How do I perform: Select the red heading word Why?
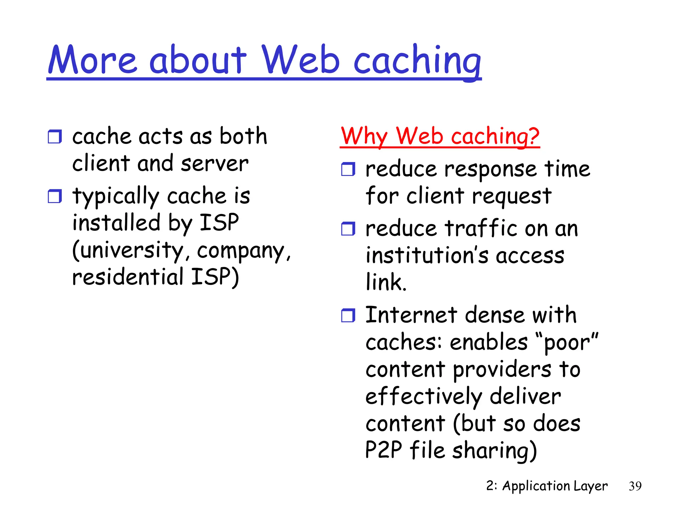(x=364, y=136)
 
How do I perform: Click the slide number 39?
(x=635, y=486)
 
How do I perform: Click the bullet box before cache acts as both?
(x=55, y=137)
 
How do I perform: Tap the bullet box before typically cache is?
(x=55, y=196)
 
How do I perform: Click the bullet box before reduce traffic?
(x=348, y=229)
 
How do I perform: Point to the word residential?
(x=128, y=277)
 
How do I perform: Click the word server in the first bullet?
(x=215, y=164)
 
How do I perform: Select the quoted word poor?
(x=567, y=343)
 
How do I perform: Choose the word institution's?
(x=427, y=256)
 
